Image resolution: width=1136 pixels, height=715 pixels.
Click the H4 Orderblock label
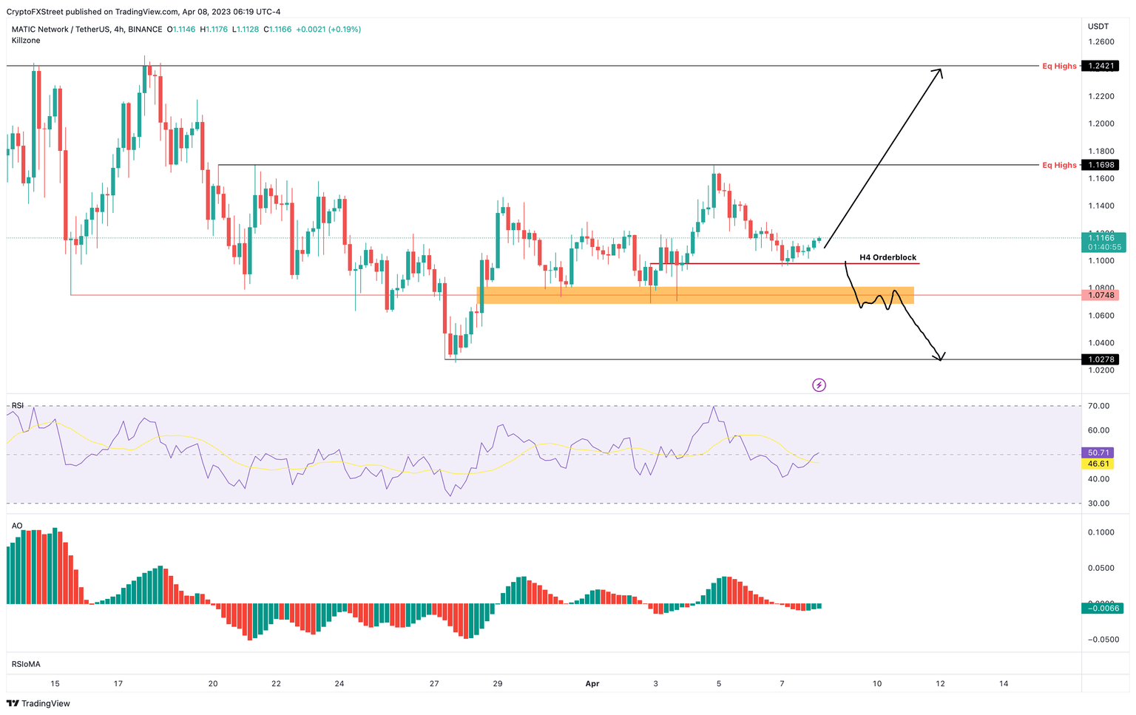pos(887,257)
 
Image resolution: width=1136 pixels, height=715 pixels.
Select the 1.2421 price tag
pos(1100,66)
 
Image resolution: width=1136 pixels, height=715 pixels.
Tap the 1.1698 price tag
pos(1100,165)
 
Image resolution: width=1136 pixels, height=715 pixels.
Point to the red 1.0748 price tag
pos(1100,295)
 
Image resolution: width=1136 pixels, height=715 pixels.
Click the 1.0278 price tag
pos(1100,359)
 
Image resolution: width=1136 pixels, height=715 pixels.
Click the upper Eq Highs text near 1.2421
pos(1059,67)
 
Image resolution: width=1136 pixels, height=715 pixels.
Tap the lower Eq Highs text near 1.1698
pos(1059,165)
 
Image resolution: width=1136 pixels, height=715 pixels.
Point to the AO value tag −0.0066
pos(1102,608)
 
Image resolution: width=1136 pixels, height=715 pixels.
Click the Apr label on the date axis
pos(592,684)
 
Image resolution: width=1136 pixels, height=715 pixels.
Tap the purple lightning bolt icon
pos(819,384)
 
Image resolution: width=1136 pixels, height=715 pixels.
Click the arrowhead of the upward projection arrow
pos(939,71)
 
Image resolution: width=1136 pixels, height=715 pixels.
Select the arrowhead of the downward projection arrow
pos(939,358)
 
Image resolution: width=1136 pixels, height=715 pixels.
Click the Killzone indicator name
pos(26,41)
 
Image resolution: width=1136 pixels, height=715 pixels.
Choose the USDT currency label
pos(1098,27)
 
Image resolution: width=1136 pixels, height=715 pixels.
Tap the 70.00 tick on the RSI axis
pos(1098,406)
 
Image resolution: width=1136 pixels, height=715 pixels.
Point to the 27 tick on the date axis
pos(434,684)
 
